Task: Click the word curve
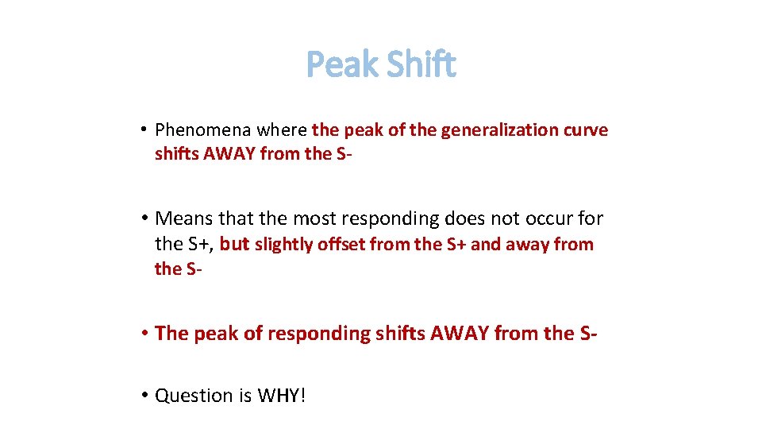click(x=587, y=130)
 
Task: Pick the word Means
click(x=183, y=218)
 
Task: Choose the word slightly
click(x=283, y=245)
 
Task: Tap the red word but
click(x=234, y=245)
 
